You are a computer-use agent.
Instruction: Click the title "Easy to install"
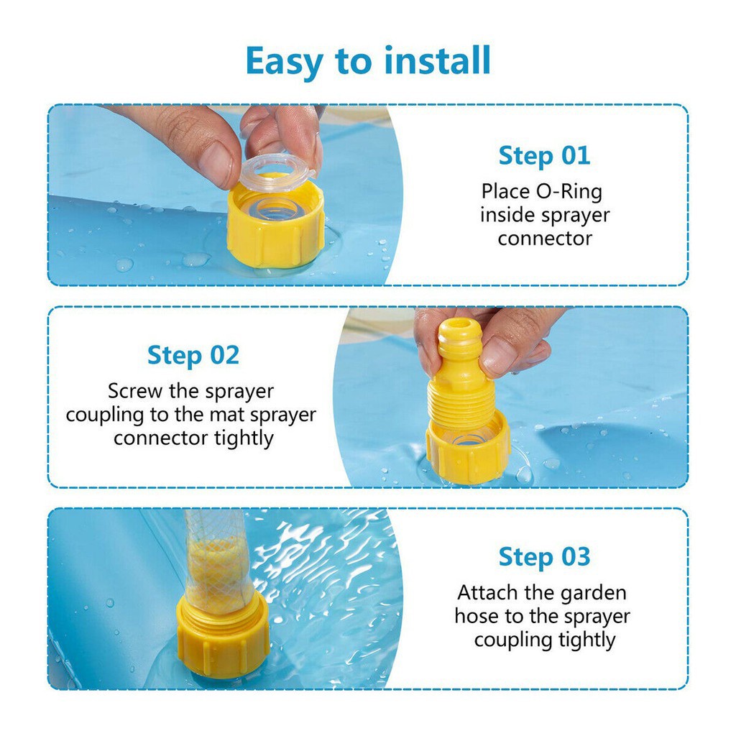point(368,62)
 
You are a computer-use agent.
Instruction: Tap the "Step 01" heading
point(544,156)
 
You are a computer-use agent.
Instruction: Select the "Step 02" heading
point(193,356)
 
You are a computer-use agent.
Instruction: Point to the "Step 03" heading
point(544,557)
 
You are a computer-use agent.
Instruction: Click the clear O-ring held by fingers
point(277,172)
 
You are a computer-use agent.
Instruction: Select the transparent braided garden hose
point(218,561)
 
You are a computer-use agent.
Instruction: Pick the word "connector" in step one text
point(545,239)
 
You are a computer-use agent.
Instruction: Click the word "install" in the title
point(438,60)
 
